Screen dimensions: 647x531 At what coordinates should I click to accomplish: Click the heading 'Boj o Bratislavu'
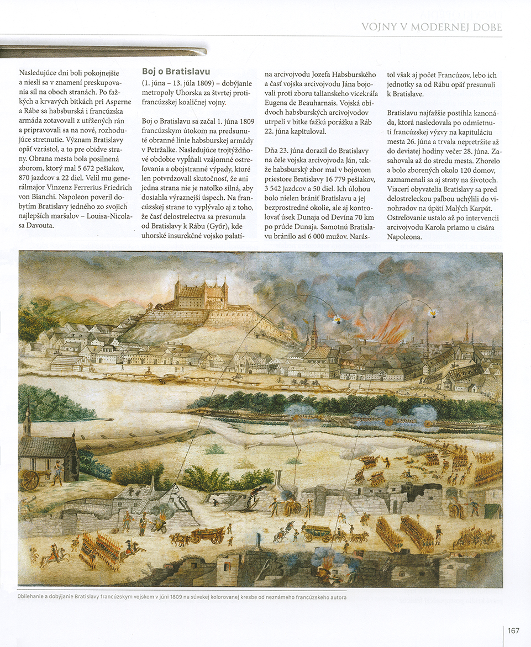pos(176,71)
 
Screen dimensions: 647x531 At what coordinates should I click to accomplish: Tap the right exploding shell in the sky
pos(433,314)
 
